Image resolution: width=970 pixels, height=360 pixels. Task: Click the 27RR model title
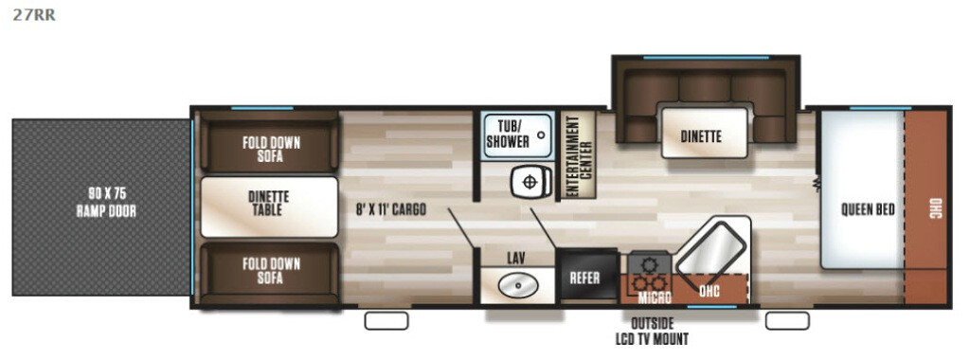(x=34, y=15)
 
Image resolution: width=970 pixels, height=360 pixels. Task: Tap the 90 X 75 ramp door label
(x=106, y=203)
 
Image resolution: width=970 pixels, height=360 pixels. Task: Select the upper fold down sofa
(x=269, y=142)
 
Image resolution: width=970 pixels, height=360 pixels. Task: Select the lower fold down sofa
(x=269, y=273)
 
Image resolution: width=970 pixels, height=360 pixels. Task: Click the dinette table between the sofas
(x=269, y=207)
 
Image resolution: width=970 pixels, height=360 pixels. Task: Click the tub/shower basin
(x=517, y=135)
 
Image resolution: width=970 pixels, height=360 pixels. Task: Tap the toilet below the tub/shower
(x=532, y=183)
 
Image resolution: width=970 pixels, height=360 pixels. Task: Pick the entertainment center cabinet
(x=577, y=154)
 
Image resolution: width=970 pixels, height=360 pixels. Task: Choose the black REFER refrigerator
(x=586, y=277)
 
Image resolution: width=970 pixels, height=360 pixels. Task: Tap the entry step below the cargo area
(x=386, y=320)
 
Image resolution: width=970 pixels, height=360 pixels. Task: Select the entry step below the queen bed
(x=787, y=320)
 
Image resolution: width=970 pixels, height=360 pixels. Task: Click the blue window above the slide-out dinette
(x=705, y=58)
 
